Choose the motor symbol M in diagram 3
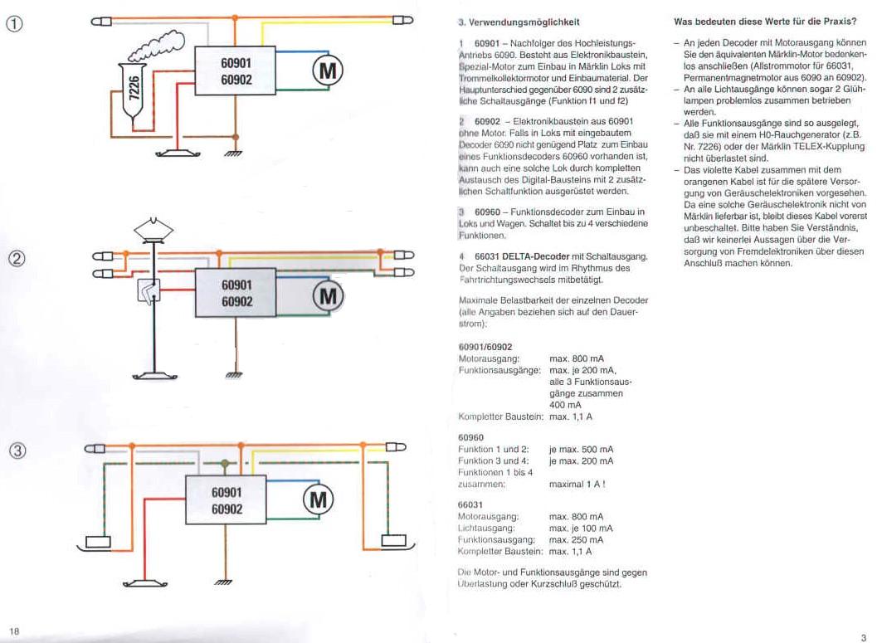[318, 499]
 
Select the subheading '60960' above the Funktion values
[470, 436]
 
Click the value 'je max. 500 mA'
[581, 449]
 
